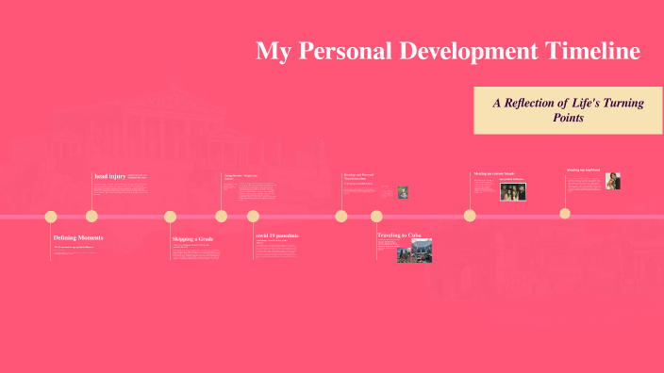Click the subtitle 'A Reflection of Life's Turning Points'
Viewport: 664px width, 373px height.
coord(568,110)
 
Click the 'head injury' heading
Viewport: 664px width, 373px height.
coord(109,176)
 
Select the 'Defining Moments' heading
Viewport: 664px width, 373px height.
coord(78,238)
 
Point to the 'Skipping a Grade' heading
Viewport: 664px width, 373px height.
coord(192,239)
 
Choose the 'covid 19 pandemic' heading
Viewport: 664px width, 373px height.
coord(277,235)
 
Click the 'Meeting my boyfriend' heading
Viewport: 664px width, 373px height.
coord(583,170)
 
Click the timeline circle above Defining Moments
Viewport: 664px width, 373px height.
coord(51,217)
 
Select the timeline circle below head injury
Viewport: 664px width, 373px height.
coord(92,216)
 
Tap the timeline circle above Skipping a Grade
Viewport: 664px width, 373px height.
coord(171,217)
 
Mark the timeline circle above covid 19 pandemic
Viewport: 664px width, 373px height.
coord(253,216)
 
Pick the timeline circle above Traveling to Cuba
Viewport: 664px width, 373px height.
coord(376,216)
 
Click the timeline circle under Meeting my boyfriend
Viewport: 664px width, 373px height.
coord(565,213)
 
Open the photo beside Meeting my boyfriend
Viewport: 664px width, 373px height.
coord(612,181)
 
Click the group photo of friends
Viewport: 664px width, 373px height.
coord(512,190)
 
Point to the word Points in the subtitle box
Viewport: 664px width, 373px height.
coord(568,119)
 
